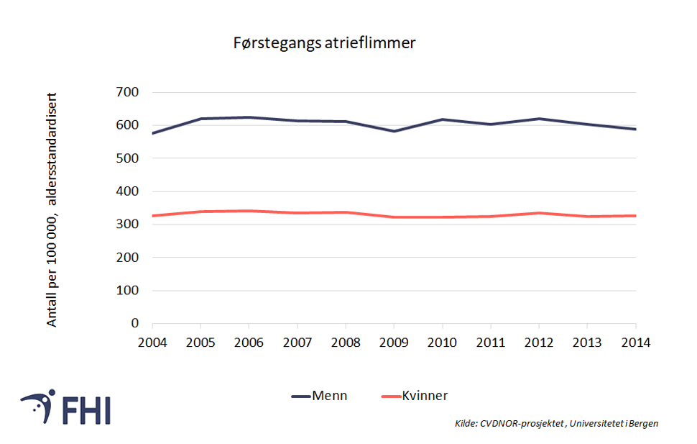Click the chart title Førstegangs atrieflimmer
tap(324, 43)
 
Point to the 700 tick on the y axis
tap(129, 92)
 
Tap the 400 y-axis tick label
tap(129, 191)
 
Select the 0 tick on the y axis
tap(134, 323)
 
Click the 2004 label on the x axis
tap(153, 343)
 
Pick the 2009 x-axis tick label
tap(394, 343)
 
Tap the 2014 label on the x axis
tap(636, 343)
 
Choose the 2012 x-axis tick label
tap(540, 343)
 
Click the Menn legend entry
tap(319, 396)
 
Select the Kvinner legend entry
tap(414, 396)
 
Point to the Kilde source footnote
tap(556, 423)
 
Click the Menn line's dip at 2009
tap(394, 131)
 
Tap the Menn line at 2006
tap(249, 117)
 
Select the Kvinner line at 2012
tap(540, 213)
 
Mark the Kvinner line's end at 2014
tap(636, 216)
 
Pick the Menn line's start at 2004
tap(153, 133)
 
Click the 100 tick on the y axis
tap(129, 291)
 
